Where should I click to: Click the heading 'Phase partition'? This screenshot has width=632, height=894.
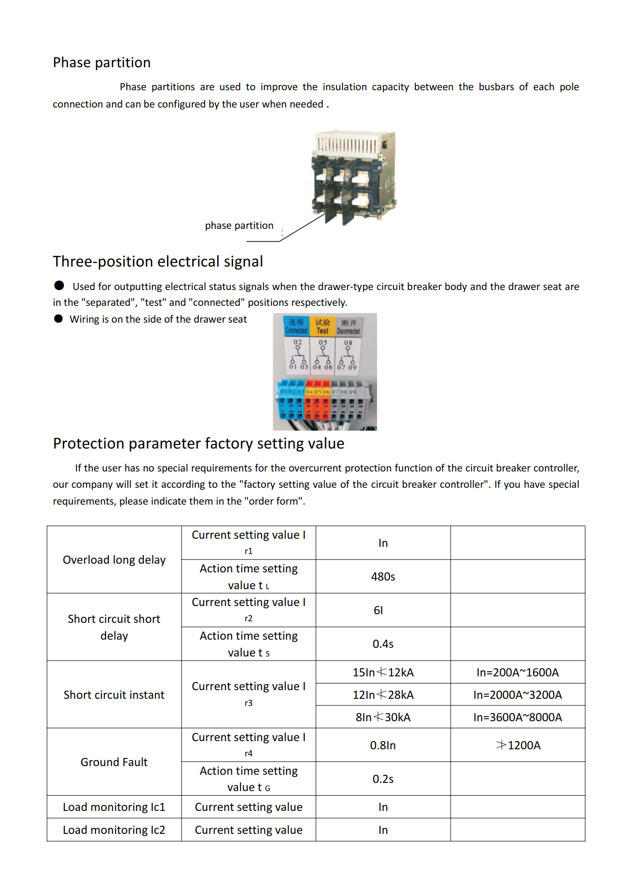tap(102, 63)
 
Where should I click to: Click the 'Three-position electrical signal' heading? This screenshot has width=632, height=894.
tap(158, 261)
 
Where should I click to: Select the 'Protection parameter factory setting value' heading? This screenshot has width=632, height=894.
tap(199, 443)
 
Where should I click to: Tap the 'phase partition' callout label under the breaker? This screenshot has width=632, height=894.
tap(239, 225)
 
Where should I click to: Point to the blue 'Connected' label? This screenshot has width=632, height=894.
tap(296, 326)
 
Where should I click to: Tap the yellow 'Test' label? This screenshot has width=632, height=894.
tap(323, 326)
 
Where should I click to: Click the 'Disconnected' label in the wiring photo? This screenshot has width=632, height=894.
tap(349, 327)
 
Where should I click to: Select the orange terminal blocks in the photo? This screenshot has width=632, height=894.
tap(318, 408)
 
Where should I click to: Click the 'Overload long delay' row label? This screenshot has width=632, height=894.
tap(114, 560)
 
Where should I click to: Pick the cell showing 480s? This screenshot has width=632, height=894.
tap(383, 576)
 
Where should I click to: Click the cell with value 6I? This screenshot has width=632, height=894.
tap(378, 610)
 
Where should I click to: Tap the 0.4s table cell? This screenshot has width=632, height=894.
tap(383, 644)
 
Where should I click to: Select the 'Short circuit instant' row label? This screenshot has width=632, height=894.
tap(114, 695)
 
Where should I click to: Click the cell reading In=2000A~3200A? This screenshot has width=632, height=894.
tap(517, 695)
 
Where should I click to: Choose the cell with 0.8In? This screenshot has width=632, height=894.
tap(383, 745)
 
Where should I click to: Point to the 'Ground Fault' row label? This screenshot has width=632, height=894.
tap(114, 762)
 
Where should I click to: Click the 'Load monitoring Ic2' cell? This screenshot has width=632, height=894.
tap(114, 830)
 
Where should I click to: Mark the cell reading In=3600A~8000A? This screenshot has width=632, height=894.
tap(517, 717)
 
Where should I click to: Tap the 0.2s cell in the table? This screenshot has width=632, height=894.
tap(383, 779)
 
